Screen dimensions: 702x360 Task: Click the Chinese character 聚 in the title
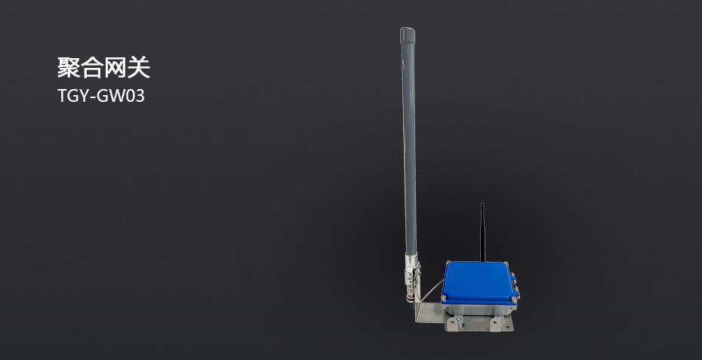click(x=69, y=68)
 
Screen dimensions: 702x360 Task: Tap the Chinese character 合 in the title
click(x=92, y=68)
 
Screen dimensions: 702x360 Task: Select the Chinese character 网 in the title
click(x=115, y=68)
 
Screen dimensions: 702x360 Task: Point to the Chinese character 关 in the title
click(x=138, y=68)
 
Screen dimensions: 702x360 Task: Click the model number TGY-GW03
click(x=101, y=96)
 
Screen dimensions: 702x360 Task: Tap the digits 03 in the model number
click(x=134, y=96)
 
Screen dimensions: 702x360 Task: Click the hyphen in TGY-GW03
click(x=93, y=97)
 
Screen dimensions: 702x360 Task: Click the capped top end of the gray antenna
click(x=408, y=32)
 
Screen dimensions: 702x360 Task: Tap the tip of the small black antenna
click(x=482, y=205)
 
